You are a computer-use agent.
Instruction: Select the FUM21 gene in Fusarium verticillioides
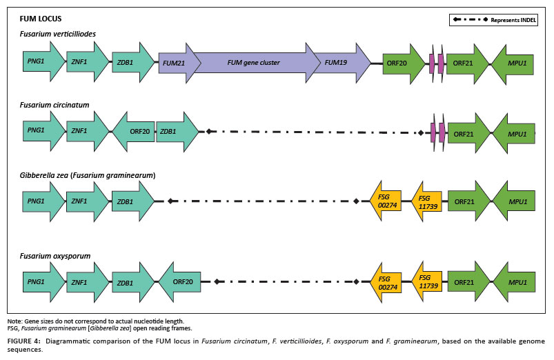click(174, 63)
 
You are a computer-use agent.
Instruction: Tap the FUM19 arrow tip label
click(336, 63)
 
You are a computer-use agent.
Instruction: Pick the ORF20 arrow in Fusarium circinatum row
click(137, 130)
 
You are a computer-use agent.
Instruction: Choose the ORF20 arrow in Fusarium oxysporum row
click(181, 281)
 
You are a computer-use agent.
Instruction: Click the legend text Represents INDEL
click(513, 20)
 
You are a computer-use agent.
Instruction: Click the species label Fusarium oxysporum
click(55, 256)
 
